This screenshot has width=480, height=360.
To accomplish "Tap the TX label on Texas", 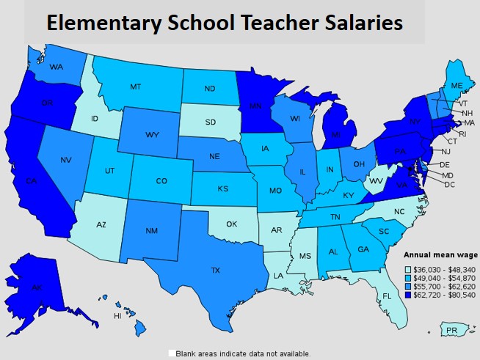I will click(215, 271).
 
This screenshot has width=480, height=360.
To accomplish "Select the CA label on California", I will click(31, 181).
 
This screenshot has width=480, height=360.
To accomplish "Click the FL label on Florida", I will click(386, 296).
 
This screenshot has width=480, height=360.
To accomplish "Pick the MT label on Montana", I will click(136, 87).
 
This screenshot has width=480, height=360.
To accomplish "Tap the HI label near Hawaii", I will click(117, 316).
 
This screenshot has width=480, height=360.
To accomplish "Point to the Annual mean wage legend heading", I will click(441, 254).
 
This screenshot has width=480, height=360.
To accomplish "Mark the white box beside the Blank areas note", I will click(172, 353).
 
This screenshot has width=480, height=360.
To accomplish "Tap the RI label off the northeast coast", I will click(462, 134).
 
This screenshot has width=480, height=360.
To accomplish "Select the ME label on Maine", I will click(457, 86).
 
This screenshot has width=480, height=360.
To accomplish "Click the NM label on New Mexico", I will click(152, 231).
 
